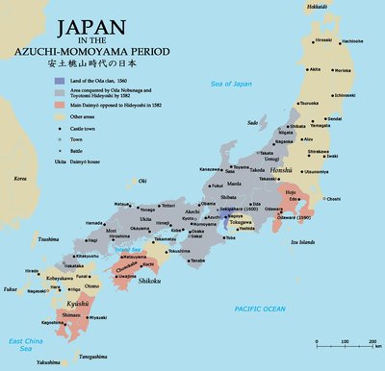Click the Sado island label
click(x=253, y=122)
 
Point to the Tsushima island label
click(x=48, y=237)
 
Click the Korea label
click(x=19, y=179)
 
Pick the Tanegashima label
click(x=99, y=357)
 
